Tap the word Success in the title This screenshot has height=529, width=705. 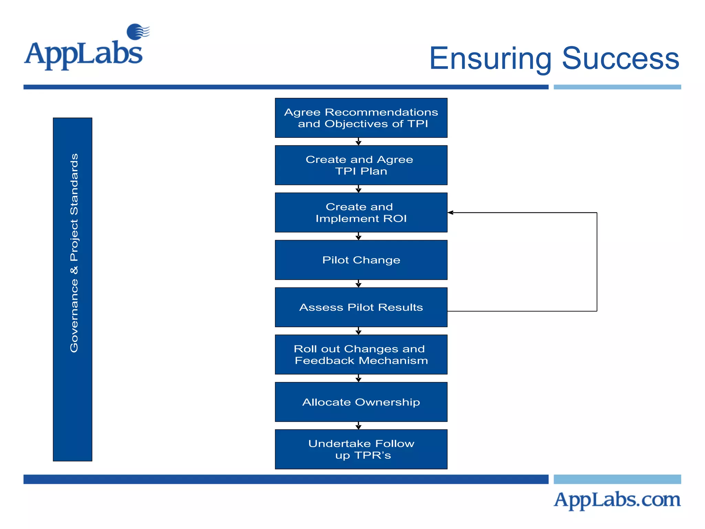(620, 59)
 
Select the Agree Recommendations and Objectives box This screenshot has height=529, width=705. (361, 118)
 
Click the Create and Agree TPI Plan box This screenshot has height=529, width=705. (361, 165)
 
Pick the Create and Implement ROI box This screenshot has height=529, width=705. (361, 212)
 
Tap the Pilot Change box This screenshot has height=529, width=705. (361, 260)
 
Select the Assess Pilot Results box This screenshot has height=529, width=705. (361, 307)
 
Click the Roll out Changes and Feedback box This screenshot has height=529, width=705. (361, 354)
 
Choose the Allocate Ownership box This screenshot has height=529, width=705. (361, 402)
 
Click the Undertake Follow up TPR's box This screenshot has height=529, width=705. (361, 449)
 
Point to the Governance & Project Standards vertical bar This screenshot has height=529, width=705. (73, 289)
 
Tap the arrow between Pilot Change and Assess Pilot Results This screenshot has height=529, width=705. (358, 284)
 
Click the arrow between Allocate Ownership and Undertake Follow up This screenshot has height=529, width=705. (358, 426)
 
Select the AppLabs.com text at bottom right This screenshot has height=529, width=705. (617, 500)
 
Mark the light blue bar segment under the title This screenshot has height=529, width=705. (617, 87)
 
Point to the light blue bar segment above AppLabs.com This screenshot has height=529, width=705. (617, 479)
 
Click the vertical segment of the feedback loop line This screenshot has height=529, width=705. (597, 262)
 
